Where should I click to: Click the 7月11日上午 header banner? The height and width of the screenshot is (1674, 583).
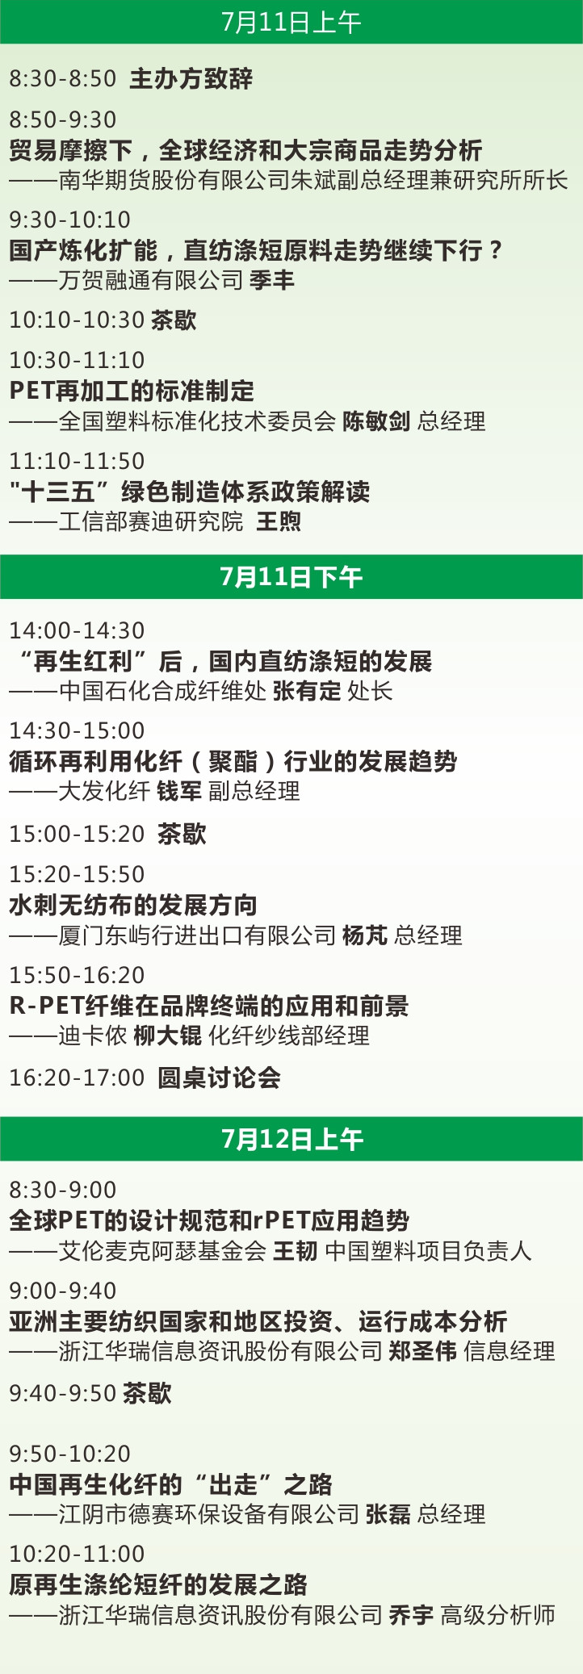pyautogui.click(x=291, y=22)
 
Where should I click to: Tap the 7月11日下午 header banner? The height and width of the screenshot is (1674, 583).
pyautogui.click(x=291, y=577)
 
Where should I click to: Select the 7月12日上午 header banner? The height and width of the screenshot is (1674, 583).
pyautogui.click(x=291, y=1139)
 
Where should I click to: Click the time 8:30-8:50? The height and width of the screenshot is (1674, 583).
pyautogui.click(x=63, y=79)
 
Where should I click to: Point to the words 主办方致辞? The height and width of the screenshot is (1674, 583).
pyautogui.click(x=191, y=79)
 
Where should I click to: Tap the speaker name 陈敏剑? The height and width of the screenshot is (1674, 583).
pyautogui.click(x=376, y=421)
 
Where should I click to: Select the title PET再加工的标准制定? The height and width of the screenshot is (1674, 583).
pyautogui.click(x=132, y=391)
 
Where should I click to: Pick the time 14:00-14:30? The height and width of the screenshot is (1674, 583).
pyautogui.click(x=77, y=631)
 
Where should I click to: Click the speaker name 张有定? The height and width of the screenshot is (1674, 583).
pyautogui.click(x=307, y=691)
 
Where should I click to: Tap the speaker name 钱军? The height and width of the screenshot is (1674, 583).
pyautogui.click(x=179, y=791)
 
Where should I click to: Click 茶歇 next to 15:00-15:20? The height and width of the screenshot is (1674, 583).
pyautogui.click(x=182, y=834)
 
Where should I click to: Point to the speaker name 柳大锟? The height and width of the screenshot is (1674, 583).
pyautogui.click(x=168, y=1036)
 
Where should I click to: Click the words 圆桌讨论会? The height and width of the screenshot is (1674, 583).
pyautogui.click(x=219, y=1078)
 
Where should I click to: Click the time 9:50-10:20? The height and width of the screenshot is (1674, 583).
pyautogui.click(x=69, y=1454)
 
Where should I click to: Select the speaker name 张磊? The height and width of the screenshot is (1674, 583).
pyautogui.click(x=388, y=1513)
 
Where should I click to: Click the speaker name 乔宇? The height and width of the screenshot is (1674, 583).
pyautogui.click(x=411, y=1614)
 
